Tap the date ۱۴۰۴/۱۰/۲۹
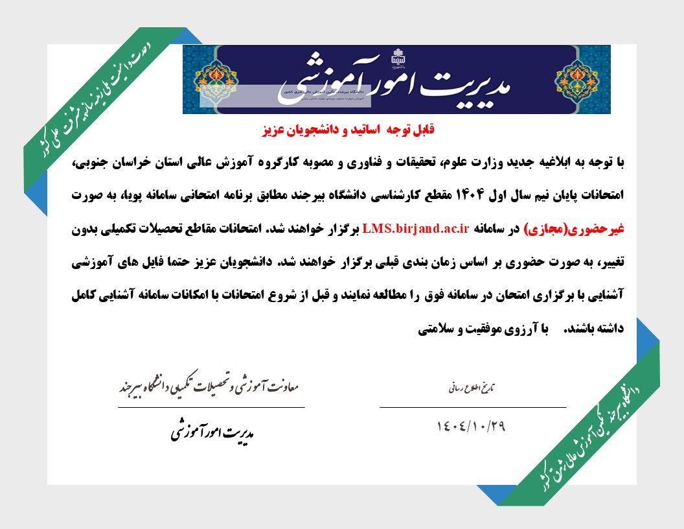[470, 427]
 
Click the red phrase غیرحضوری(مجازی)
[576, 228]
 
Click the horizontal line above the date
[472, 407]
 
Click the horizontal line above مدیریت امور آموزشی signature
[211, 407]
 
